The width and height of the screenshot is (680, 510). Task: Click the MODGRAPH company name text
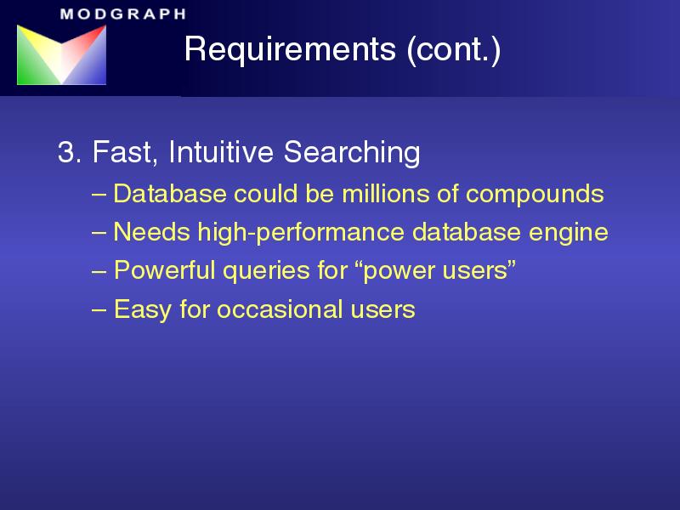123,14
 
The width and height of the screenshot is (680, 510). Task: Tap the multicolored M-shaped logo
61,54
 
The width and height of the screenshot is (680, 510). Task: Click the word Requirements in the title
290,48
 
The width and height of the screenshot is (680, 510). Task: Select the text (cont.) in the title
454,49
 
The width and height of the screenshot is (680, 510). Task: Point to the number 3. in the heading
70,152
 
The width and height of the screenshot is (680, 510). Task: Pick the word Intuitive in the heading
221,152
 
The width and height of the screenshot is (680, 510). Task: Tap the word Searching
352,153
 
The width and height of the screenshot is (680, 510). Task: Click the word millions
386,194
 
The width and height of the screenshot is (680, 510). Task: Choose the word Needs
152,231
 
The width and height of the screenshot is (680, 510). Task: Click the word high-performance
301,233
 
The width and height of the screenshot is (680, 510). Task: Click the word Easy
143,310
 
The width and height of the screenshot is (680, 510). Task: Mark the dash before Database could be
99,195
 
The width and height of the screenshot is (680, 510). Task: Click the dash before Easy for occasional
99,310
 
